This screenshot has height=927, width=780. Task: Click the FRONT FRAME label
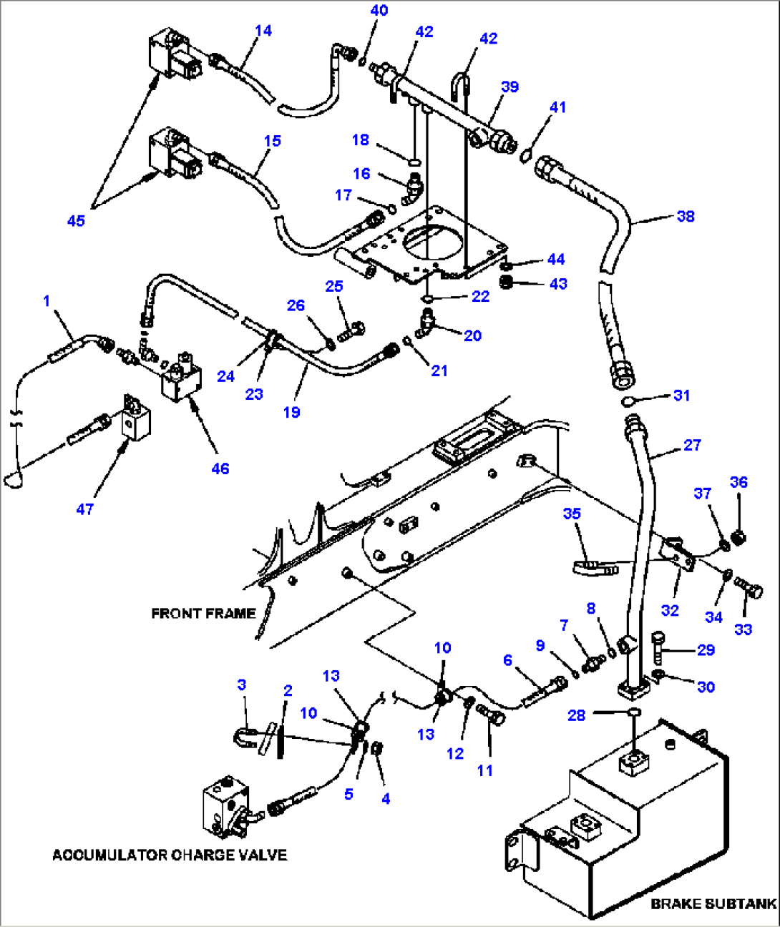[203, 614]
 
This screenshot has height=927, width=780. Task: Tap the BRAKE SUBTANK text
[713, 904]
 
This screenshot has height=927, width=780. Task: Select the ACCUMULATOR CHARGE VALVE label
[170, 855]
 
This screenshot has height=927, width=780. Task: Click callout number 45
[76, 221]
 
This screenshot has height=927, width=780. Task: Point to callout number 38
[686, 216]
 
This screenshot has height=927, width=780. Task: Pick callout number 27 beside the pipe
[692, 445]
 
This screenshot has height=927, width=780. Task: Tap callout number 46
[220, 469]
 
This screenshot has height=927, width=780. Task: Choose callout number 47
[84, 509]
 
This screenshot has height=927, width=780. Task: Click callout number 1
[47, 300]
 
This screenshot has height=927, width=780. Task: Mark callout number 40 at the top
[379, 10]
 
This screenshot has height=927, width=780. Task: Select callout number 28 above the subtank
[576, 715]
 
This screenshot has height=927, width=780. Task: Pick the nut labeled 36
[739, 536]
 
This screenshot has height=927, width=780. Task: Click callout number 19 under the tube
[291, 412]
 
